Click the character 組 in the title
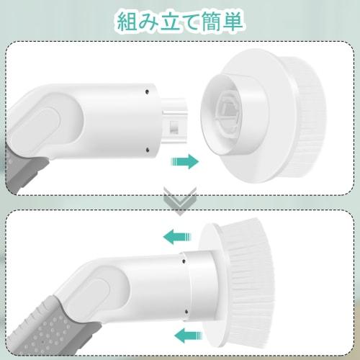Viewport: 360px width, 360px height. pos(130,22)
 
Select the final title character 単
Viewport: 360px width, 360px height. pos(234,22)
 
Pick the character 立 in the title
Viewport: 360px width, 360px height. pos(171,22)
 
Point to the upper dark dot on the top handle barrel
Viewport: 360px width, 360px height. pos(146,91)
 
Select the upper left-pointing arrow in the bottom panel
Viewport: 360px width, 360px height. pos(177,235)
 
